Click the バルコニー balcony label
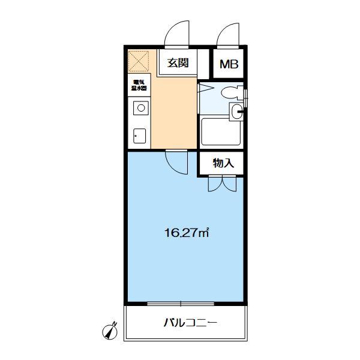pos(190,323)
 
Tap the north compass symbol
pos(110,329)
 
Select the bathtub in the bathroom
pos(221,131)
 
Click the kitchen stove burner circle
pos(140,109)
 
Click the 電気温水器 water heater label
pos(138,86)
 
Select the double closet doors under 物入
pos(222,184)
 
